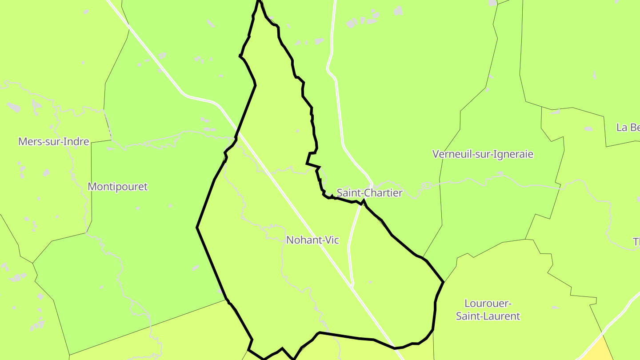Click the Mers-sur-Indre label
(53, 142)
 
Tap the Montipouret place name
(117, 187)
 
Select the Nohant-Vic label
(312, 240)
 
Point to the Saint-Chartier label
(369, 193)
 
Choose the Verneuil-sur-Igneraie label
(483, 154)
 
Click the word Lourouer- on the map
(488, 304)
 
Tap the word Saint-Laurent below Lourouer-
(488, 316)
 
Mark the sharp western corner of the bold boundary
(197, 228)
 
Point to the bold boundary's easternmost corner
(443, 282)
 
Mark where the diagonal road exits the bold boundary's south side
(395, 348)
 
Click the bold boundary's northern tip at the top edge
(258, 2)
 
